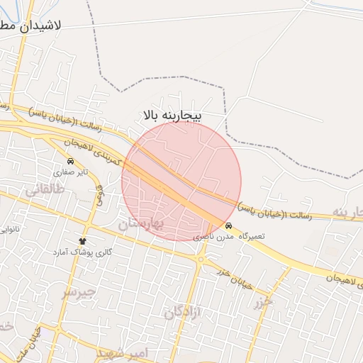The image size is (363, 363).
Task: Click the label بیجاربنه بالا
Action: [x=172, y=114]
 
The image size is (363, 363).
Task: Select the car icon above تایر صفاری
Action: [x=69, y=161]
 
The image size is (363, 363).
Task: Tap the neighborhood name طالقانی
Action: [x=45, y=189]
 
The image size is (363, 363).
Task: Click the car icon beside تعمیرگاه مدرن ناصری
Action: [x=228, y=225]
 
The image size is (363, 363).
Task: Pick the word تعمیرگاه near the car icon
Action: [x=251, y=235]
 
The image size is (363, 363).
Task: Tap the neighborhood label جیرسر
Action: [x=77, y=293]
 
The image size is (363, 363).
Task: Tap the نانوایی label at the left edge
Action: [x=9, y=230]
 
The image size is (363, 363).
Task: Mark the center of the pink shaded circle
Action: [x=181, y=181]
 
